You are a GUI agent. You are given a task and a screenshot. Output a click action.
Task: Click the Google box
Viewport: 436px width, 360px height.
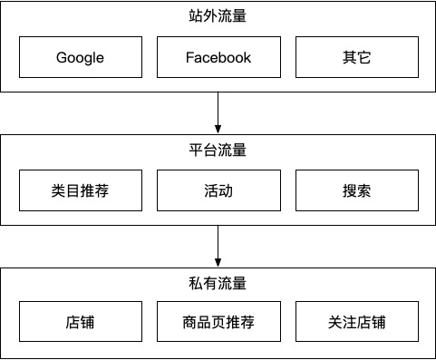80,58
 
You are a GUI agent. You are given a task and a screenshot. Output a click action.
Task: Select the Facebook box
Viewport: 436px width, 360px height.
218,58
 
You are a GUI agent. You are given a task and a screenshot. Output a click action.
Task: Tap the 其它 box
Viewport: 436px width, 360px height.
357,58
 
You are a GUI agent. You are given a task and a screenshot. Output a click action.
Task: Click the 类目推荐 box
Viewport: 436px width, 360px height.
80,191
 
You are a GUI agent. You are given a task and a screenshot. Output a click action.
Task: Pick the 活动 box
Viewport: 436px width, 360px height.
218,191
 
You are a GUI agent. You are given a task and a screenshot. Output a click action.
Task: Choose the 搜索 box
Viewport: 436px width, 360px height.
357,191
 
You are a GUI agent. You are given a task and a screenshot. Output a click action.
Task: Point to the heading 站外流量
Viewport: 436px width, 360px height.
218,15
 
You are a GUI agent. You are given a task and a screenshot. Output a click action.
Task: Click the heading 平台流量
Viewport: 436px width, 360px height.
218,150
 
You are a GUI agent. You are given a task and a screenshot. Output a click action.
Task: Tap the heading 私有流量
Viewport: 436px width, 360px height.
218,283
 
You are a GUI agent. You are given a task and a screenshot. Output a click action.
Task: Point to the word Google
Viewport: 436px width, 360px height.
80,58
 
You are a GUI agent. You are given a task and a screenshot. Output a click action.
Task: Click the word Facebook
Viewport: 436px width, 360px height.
218,58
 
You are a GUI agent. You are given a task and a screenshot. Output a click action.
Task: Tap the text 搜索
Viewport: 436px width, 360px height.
357,191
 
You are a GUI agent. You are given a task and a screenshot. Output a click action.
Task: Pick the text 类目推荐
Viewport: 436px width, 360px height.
80,191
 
